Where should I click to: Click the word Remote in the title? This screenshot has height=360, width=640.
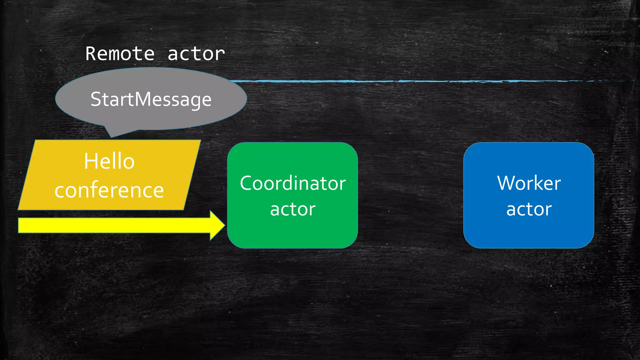click(120, 54)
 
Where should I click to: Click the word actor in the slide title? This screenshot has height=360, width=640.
click(196, 54)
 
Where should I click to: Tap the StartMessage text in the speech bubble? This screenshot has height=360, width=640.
click(151, 99)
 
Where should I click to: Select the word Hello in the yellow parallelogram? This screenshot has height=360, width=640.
click(109, 161)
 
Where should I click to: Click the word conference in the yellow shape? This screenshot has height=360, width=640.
click(109, 190)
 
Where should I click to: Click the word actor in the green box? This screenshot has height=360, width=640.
click(293, 209)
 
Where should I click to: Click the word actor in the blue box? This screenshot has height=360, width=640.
click(529, 209)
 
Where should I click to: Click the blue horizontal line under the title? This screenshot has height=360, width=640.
click(406, 81)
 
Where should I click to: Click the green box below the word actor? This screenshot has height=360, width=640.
click(293, 233)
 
